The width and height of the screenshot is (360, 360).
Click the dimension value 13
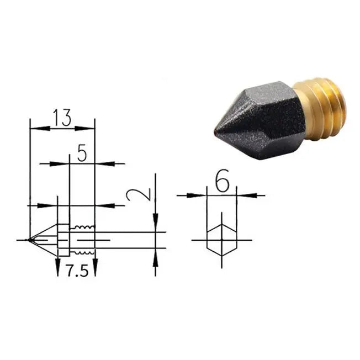[62, 118]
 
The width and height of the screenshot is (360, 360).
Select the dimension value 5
[82, 153]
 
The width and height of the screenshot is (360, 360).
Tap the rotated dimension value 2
[139, 195]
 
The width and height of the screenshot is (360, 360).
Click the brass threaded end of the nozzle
[320, 109]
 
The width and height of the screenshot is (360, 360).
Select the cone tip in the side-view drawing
[29, 240]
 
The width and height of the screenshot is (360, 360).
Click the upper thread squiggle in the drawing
[82, 227]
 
